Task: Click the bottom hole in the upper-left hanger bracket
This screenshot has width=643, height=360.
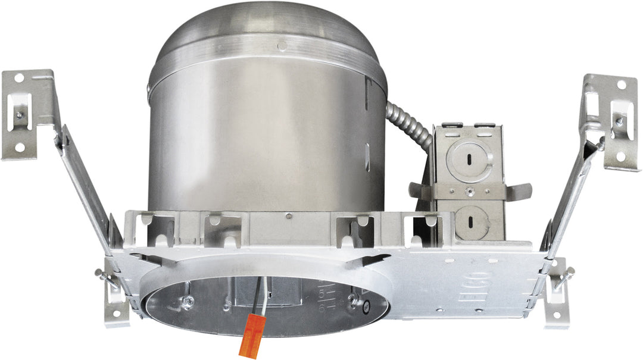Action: coord(20,146)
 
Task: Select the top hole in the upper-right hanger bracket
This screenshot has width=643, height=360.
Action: coord(621,85)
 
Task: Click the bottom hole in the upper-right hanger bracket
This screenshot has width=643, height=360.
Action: coord(621,156)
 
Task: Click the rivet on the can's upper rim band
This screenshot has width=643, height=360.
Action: coord(282,45)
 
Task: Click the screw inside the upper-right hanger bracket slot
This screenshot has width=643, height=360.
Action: coord(619,120)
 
